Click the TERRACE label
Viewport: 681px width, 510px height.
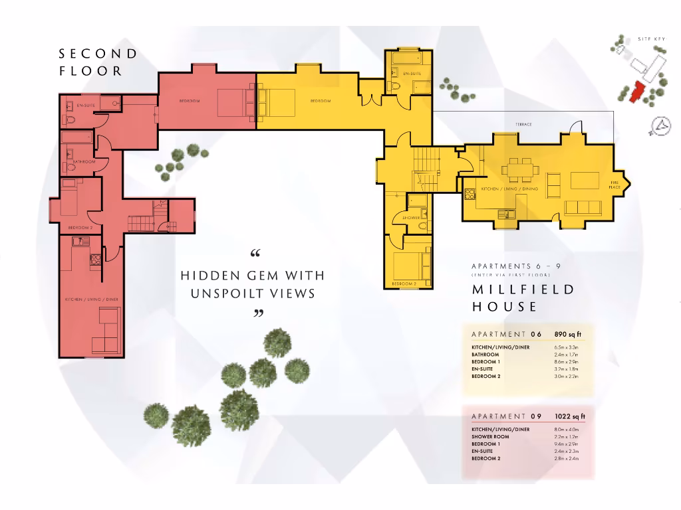(x=523, y=125)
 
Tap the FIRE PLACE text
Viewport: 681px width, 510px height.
(x=614, y=185)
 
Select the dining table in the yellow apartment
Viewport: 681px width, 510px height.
(x=520, y=169)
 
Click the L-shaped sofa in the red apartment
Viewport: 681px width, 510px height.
(x=104, y=331)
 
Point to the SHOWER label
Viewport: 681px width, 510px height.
(x=410, y=217)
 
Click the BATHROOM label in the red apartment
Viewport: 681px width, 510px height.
(x=84, y=162)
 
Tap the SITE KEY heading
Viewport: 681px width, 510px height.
(x=651, y=40)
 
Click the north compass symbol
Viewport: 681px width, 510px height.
(x=660, y=126)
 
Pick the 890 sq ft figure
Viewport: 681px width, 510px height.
(x=568, y=334)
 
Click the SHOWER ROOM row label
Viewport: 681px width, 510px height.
(x=490, y=437)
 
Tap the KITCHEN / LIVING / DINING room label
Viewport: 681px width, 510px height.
(x=509, y=189)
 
